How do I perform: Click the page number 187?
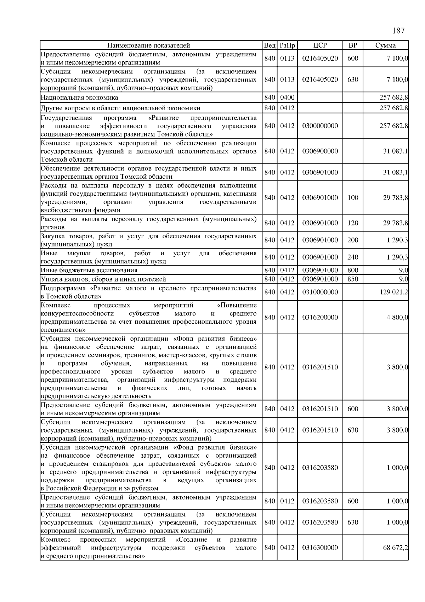398,31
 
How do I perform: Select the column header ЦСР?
320,45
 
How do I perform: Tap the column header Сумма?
385,45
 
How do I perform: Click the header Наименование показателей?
149,45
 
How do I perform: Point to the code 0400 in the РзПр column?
287,97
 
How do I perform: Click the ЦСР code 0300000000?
320,126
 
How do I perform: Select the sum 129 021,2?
394,292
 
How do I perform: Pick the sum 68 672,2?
395,548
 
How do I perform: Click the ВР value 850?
353,279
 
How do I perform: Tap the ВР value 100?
353,198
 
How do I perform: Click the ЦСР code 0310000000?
320,292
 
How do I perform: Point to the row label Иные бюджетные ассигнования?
89,271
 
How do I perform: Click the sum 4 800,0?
397,317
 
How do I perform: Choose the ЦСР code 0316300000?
320,548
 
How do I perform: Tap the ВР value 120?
353,223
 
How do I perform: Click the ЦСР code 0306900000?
320,151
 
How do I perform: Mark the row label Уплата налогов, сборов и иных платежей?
103,279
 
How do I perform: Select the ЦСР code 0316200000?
320,317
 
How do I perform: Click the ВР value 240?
353,257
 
